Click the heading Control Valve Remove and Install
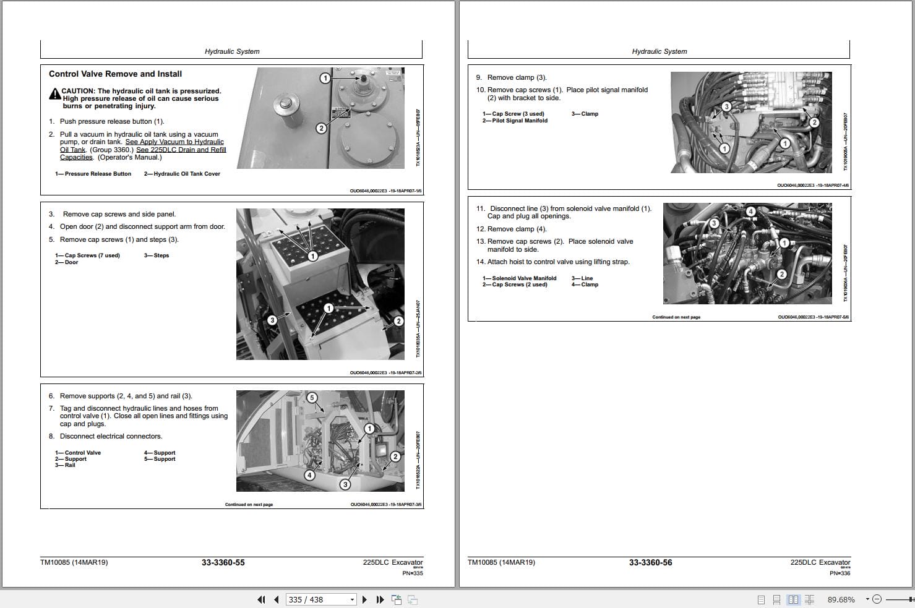(115, 74)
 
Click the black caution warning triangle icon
(54, 94)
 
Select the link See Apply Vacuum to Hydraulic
(174, 142)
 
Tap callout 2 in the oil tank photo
(321, 128)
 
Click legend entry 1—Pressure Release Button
(93, 174)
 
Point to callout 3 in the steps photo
(272, 320)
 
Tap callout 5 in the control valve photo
(312, 398)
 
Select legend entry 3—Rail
(65, 465)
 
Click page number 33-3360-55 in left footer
(223, 562)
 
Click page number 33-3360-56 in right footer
(650, 562)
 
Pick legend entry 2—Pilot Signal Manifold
(515, 121)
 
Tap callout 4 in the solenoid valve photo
(750, 212)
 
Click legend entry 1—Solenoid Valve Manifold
(519, 278)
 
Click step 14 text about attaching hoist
(552, 262)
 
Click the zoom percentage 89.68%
(841, 599)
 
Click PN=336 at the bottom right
(840, 573)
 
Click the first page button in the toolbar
(261, 599)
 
